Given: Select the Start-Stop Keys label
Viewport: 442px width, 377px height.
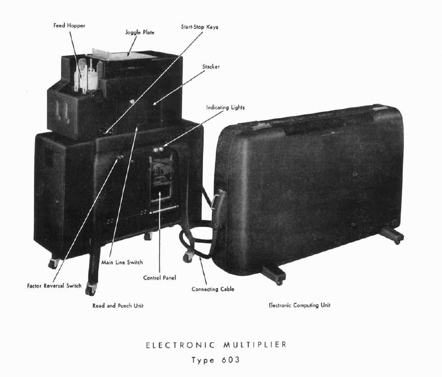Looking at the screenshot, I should (x=199, y=27).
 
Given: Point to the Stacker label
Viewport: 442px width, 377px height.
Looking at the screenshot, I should (x=211, y=67).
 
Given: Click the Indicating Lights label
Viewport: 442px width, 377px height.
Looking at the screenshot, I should (x=225, y=108).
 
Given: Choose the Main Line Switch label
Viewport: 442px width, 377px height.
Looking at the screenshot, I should (x=122, y=262).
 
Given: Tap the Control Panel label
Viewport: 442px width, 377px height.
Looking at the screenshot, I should (x=159, y=278).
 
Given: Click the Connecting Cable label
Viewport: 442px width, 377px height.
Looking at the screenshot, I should (x=212, y=289).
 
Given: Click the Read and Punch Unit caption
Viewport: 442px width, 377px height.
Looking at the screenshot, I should (x=118, y=306).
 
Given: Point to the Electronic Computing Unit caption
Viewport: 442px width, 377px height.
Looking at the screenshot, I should (x=299, y=305).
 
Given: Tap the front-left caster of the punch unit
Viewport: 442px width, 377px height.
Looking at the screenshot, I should (x=92, y=290).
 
